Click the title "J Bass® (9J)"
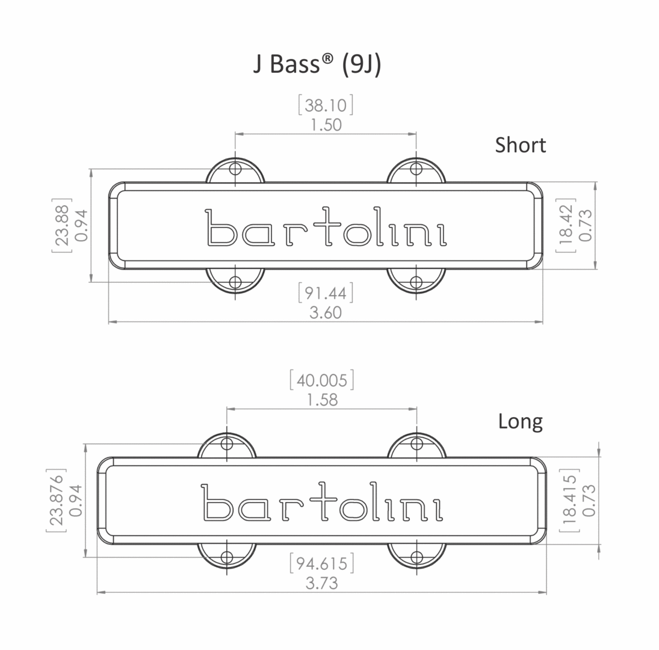click(x=317, y=63)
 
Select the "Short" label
click(x=520, y=145)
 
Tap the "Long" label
click(x=520, y=421)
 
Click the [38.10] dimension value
click(x=326, y=105)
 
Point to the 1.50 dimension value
click(x=326, y=125)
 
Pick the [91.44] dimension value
click(x=326, y=293)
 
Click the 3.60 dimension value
click(x=326, y=312)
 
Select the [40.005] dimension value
click(x=322, y=380)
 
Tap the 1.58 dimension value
click(x=322, y=400)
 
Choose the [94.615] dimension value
click(x=322, y=564)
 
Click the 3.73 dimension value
click(x=322, y=583)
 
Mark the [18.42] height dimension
click(x=566, y=225)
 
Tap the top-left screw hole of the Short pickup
click(x=235, y=169)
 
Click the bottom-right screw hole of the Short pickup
click(x=416, y=282)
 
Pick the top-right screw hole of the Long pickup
click(x=416, y=444)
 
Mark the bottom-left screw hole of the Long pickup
click(x=227, y=557)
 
